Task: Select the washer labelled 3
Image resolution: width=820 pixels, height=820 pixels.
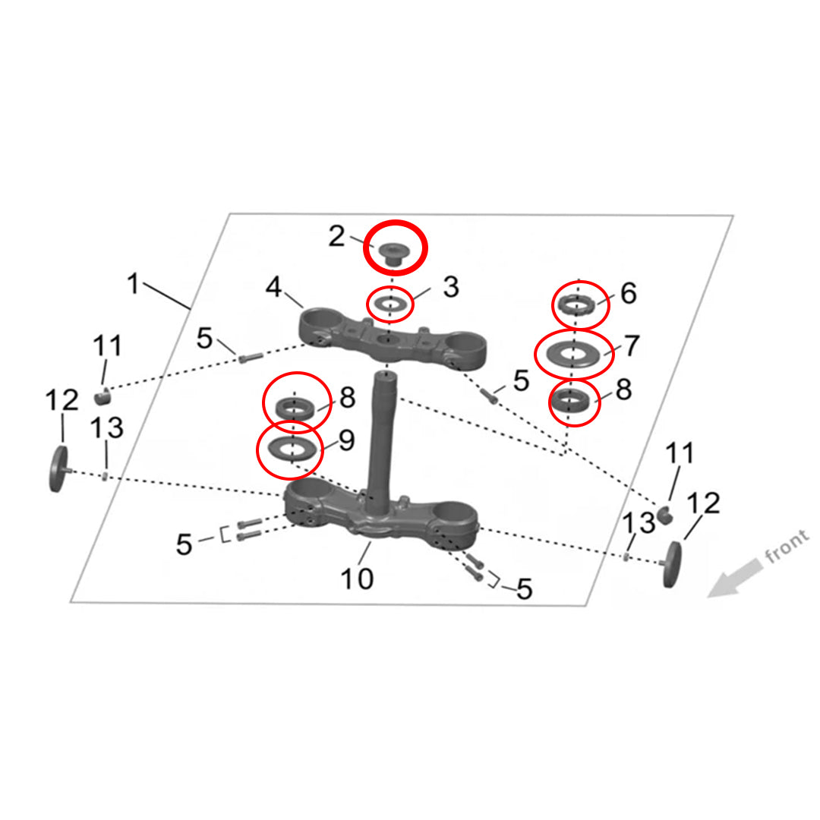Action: (x=389, y=304)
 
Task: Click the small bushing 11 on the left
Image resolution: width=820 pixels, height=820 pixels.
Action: (x=102, y=396)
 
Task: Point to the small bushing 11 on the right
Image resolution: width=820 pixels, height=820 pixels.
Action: (x=667, y=515)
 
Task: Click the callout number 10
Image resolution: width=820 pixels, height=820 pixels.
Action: (x=356, y=579)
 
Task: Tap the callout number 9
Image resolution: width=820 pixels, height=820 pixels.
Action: (x=346, y=441)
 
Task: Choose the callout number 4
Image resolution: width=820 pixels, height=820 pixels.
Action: (x=274, y=288)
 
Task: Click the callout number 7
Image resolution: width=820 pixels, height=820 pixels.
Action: (x=632, y=345)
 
